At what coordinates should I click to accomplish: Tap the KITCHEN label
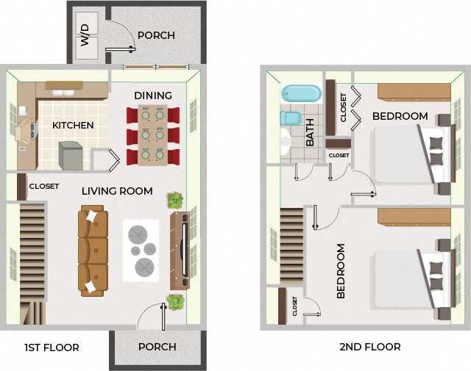(73, 126)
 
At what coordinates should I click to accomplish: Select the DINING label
(153, 96)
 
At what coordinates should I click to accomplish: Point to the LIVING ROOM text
(117, 191)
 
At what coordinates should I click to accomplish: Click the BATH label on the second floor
(310, 132)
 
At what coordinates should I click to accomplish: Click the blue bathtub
(302, 94)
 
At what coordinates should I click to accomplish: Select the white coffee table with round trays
(140, 249)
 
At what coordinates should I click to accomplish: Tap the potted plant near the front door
(174, 301)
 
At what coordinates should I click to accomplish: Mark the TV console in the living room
(180, 251)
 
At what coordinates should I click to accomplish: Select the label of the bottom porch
(157, 347)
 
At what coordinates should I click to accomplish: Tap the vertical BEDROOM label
(341, 271)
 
